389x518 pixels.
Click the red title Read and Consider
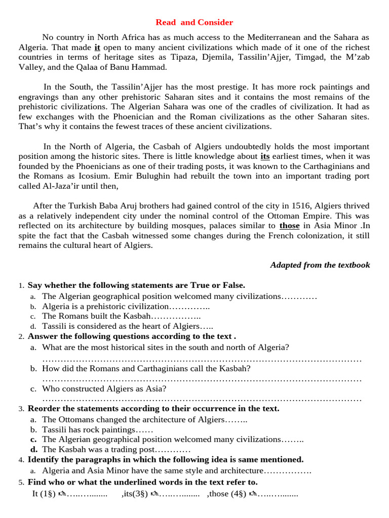[x=194, y=22]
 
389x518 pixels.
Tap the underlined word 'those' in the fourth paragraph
[x=289, y=226]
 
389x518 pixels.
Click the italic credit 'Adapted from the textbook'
[x=320, y=265]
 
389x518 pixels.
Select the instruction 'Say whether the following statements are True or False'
[x=136, y=285]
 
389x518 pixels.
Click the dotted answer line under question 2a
[x=202, y=359]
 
